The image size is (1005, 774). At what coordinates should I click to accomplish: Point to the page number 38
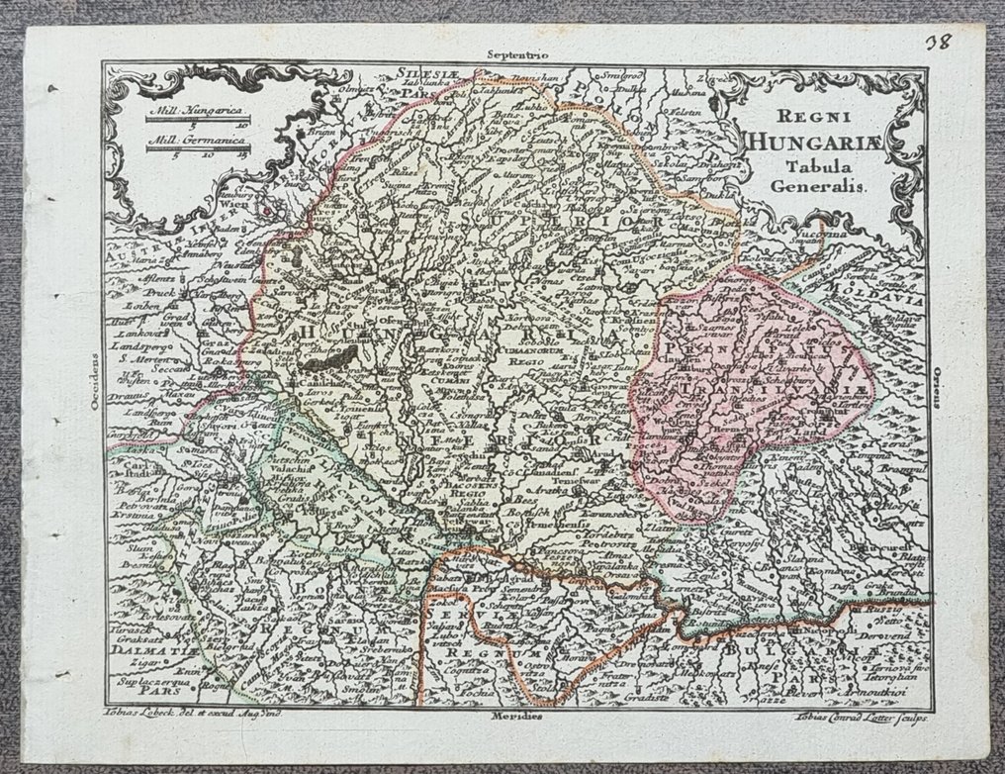[x=968, y=43]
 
